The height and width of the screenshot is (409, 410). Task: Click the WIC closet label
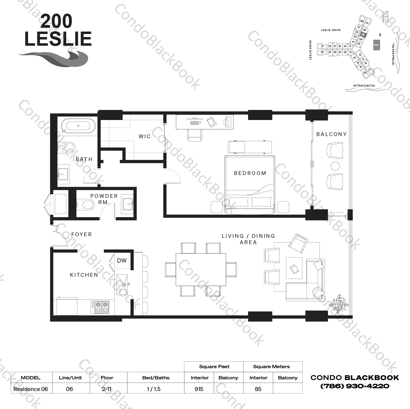144,136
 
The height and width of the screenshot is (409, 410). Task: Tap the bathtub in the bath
78,126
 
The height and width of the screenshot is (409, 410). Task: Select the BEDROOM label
250,173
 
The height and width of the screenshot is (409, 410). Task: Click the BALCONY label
331,134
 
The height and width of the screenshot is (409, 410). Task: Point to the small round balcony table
335,166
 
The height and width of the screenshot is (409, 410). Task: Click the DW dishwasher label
122,260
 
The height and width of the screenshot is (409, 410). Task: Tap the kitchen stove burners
100,307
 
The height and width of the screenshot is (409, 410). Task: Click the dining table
201,269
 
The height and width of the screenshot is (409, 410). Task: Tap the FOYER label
82,234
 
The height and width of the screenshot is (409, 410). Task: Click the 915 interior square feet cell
199,389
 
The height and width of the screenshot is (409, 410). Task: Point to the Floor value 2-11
107,389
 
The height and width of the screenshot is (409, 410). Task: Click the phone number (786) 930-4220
355,386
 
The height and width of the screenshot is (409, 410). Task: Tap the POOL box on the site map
376,45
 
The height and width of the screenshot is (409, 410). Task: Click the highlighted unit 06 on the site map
363,35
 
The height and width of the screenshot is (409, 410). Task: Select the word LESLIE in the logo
58,39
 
